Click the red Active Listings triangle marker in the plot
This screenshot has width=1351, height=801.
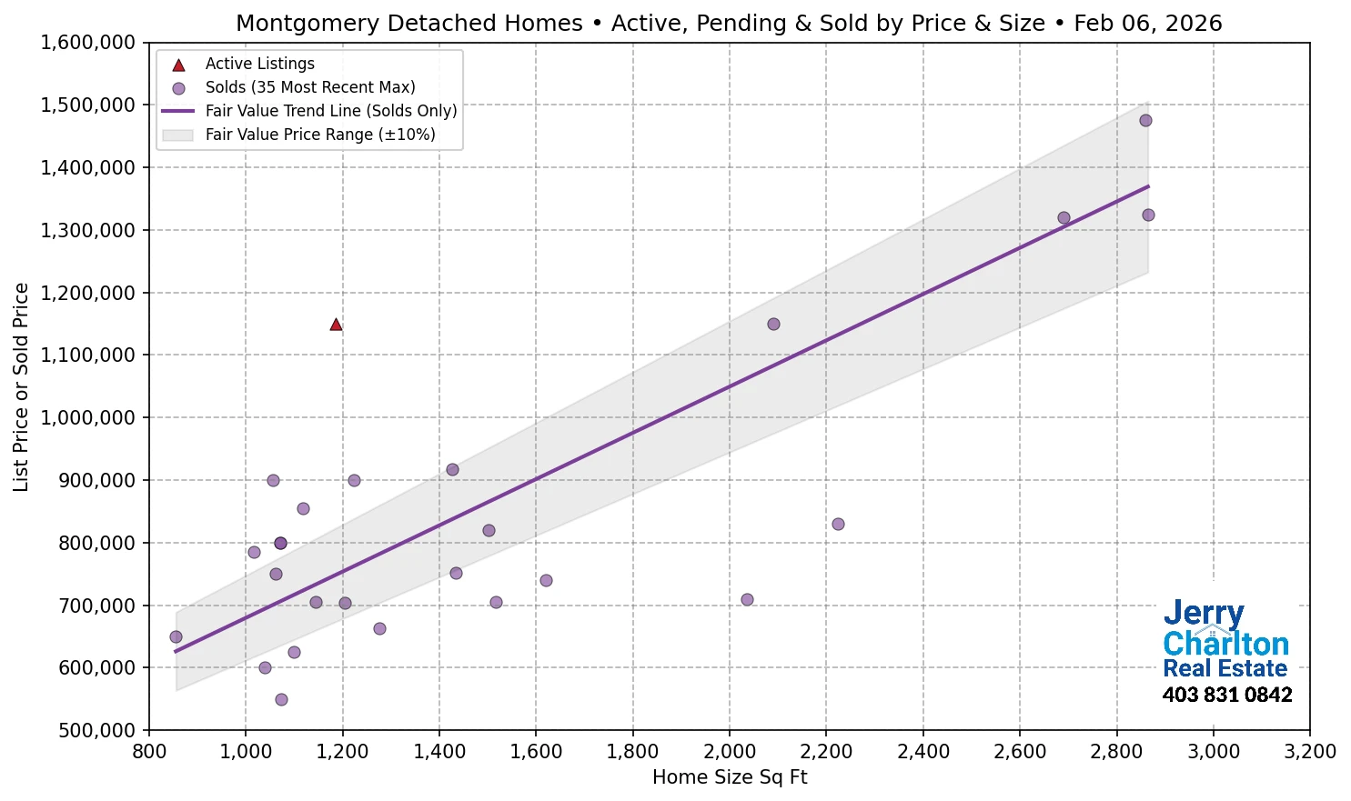point(336,325)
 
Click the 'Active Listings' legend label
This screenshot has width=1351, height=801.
point(259,64)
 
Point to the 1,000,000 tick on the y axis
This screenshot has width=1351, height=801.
point(88,418)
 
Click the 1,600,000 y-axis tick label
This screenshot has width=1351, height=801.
point(88,43)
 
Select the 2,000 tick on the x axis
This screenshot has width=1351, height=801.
point(730,752)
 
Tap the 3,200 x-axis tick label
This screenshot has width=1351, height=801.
point(1309,752)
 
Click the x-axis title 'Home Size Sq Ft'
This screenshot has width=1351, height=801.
point(730,777)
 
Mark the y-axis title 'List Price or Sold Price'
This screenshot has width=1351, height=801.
point(21,387)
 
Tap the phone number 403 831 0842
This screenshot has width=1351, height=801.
point(1226,696)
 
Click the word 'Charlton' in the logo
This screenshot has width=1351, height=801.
point(1225,644)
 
